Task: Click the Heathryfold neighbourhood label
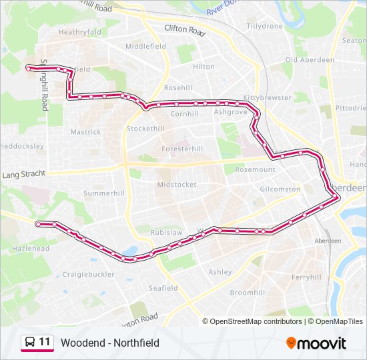pos(80,31)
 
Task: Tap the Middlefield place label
pos(145,47)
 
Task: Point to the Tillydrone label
pos(265,26)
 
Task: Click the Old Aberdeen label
pos(310,60)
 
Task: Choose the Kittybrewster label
pos(268,97)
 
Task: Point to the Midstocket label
pos(177,184)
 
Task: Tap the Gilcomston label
pos(280,189)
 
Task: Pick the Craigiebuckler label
pos(89,274)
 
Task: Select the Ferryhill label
pos(307,277)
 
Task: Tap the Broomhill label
pos(248,293)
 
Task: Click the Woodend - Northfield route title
pos(110,343)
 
